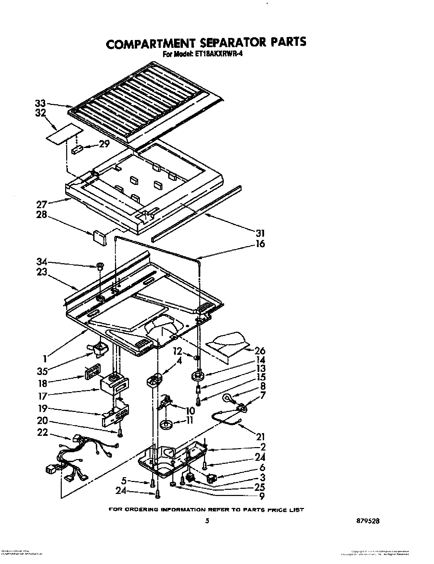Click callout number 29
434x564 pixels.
click(x=104, y=144)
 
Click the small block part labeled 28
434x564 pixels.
click(x=99, y=237)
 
